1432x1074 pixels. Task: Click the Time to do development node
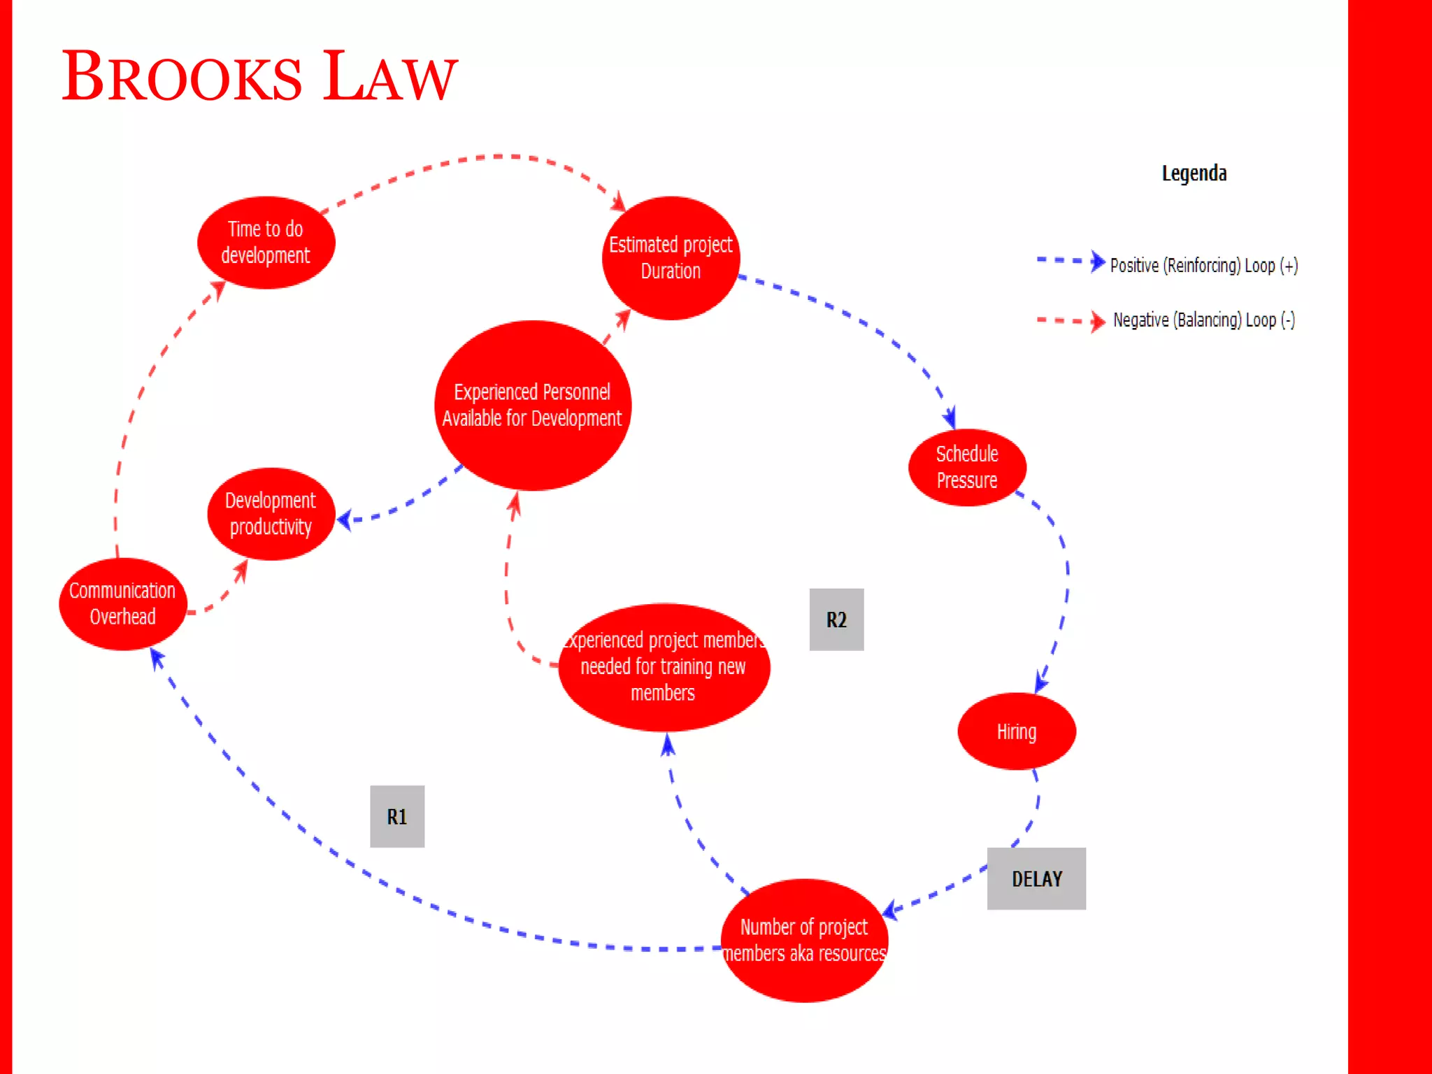(266, 243)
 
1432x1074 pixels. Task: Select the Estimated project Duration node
(671, 258)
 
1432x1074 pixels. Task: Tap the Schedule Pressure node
(967, 467)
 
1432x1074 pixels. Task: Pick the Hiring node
(1016, 731)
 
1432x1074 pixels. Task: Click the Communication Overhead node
(122, 603)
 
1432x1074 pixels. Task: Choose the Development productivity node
(271, 514)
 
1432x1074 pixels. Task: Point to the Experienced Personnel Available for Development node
(532, 406)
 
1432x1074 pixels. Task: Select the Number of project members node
(804, 940)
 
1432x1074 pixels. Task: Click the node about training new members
(664, 667)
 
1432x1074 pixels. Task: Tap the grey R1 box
(397, 816)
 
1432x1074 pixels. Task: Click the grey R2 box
(836, 620)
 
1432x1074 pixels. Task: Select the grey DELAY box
(1036, 879)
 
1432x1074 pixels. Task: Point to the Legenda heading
(1194, 173)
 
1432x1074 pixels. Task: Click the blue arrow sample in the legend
(1071, 261)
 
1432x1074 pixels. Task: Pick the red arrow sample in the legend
(1071, 321)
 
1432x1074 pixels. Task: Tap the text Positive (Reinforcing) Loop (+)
(1204, 266)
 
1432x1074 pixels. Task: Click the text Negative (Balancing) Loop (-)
(1204, 320)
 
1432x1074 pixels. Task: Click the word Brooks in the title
(182, 77)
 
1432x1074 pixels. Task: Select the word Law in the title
(390, 77)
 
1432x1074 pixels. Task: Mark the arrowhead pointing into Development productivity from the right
(344, 520)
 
